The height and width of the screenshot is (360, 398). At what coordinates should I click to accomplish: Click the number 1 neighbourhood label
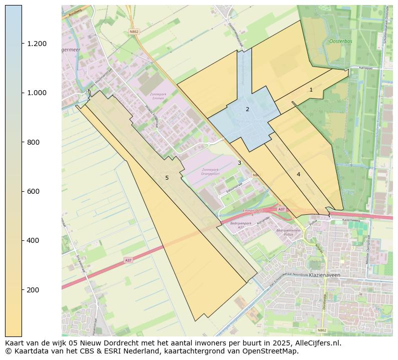pos(311,90)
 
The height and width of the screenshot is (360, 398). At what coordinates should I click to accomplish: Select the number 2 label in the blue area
pos(247,109)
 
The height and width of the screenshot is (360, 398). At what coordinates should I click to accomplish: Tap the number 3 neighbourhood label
pos(239,163)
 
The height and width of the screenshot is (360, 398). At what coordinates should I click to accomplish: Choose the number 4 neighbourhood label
pos(298,174)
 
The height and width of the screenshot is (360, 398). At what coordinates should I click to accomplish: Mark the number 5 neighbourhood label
pos(167,178)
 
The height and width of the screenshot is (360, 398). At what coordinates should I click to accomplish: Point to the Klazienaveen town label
pos(325,275)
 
